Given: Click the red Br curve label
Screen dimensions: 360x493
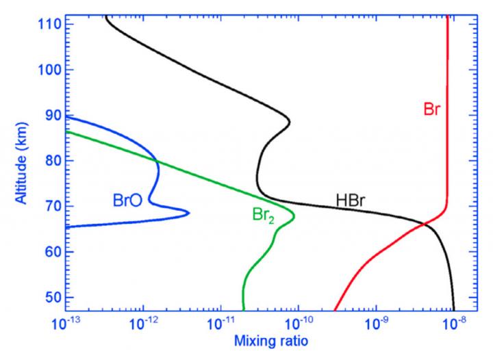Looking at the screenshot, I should pos(432,109).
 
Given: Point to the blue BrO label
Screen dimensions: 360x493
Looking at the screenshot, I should pos(128,201).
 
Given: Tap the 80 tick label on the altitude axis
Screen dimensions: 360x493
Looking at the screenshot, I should pos(49,160).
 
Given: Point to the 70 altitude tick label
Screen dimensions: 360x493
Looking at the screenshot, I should pos(49,205).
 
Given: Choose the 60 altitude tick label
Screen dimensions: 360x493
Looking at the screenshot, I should pos(49,251).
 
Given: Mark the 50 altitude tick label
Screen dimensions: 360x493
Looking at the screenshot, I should pos(49,296).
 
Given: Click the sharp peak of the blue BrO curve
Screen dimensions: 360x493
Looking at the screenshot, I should pos(188,214).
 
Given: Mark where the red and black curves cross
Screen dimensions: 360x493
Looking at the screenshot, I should pos(425,224).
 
